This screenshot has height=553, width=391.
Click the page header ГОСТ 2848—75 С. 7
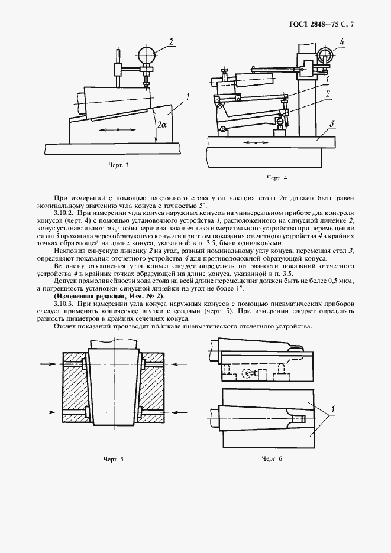(x=324, y=24)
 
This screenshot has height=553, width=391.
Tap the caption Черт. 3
(x=118, y=165)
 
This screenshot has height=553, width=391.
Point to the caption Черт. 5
(x=114, y=459)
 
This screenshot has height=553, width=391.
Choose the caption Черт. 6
(x=273, y=459)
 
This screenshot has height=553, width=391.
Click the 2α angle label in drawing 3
(x=163, y=125)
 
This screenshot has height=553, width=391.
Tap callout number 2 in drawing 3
(x=170, y=41)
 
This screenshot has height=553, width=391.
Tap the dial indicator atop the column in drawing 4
(x=325, y=56)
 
